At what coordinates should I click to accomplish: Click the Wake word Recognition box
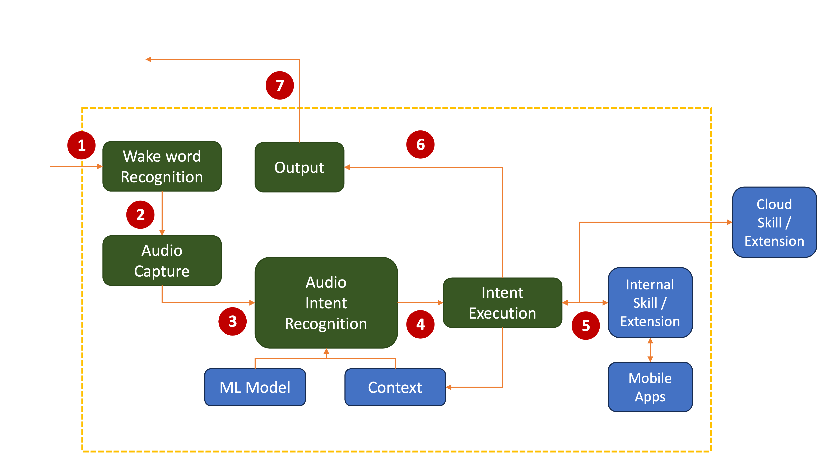click(162, 166)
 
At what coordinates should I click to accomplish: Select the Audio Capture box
click(162, 260)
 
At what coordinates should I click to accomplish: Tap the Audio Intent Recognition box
click(326, 303)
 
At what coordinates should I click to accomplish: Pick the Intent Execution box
click(502, 303)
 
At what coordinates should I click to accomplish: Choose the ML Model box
click(255, 387)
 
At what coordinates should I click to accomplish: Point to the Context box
click(395, 387)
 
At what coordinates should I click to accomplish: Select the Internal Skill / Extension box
click(650, 303)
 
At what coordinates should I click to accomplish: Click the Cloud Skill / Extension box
click(774, 222)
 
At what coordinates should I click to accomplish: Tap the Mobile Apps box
click(650, 387)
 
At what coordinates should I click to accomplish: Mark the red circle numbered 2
click(140, 215)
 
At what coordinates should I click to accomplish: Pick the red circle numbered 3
click(232, 322)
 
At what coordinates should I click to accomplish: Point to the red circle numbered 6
click(420, 144)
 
